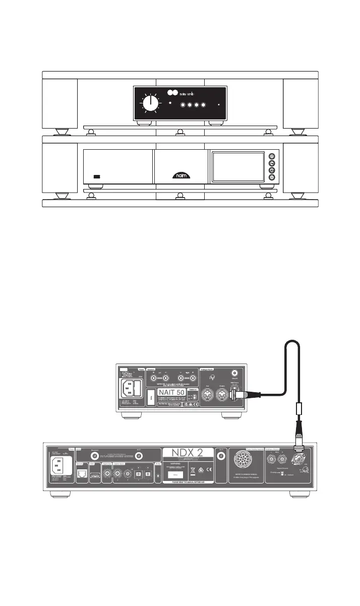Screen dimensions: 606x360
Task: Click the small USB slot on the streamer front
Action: (x=97, y=177)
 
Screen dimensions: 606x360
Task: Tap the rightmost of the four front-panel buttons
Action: (x=204, y=105)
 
